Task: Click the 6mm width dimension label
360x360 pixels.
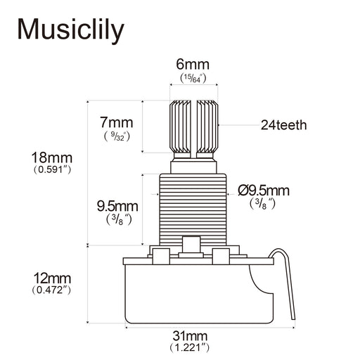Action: (192, 65)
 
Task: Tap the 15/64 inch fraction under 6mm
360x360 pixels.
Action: (192, 78)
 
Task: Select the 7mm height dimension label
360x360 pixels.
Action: (116, 121)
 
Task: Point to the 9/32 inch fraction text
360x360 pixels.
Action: (116, 135)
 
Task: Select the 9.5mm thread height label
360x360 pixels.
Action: (116, 205)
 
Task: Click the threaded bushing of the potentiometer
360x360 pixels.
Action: (193, 204)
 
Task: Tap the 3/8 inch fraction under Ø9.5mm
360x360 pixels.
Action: (262, 204)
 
